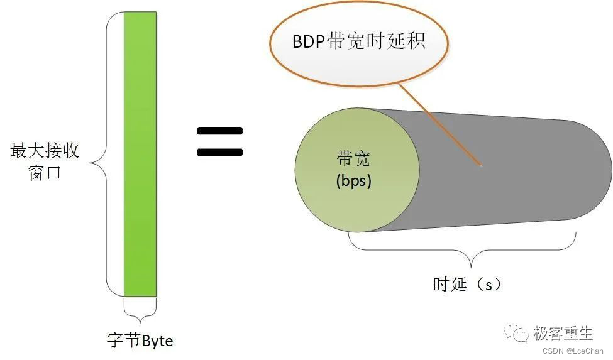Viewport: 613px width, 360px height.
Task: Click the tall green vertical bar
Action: [x=140, y=154]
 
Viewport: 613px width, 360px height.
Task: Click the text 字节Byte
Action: [x=140, y=341]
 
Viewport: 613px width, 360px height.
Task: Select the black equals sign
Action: [x=219, y=141]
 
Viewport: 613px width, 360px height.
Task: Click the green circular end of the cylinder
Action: [x=356, y=169]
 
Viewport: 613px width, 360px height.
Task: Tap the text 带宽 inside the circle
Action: [x=354, y=159]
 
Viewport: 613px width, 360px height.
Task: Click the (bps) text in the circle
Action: [x=354, y=181]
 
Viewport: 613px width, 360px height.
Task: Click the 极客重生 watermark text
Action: [x=563, y=332]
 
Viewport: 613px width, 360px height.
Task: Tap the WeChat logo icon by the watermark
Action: [x=519, y=333]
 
